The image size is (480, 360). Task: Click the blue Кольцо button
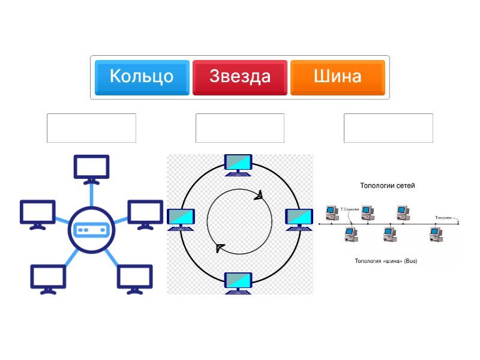142,77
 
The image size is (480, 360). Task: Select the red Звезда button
240,77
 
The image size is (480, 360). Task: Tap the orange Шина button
337,77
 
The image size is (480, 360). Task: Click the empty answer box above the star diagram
91,128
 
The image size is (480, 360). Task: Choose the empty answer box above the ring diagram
240,128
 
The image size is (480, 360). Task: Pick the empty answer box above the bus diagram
388,128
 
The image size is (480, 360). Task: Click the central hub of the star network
91,229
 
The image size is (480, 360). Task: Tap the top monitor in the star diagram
91,168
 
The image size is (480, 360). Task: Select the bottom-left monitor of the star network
48,278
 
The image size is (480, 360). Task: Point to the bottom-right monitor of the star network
134,278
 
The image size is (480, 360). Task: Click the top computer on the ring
238,164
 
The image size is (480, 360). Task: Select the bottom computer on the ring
238,282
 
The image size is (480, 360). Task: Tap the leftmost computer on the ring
181,219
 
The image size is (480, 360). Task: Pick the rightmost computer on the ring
298,219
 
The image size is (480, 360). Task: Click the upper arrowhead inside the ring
259,196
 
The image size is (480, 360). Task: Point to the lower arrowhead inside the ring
220,248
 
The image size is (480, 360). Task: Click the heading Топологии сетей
387,185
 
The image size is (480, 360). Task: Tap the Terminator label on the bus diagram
445,217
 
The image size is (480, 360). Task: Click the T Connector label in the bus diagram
350,209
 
